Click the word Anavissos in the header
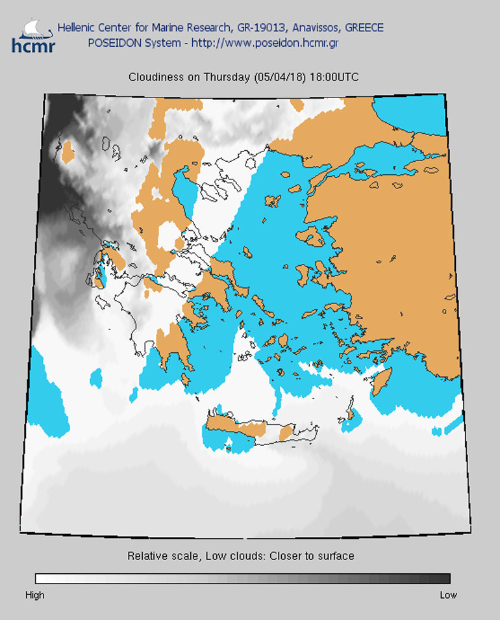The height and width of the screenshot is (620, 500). click(316, 28)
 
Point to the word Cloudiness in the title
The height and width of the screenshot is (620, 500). click(154, 77)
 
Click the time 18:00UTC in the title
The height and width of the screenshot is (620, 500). click(334, 77)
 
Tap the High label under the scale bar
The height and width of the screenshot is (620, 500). click(35, 595)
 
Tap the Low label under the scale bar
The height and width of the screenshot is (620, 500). click(448, 595)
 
